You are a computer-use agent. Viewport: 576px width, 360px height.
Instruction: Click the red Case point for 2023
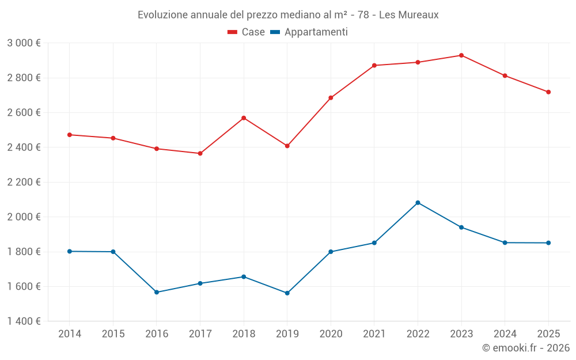click(461, 55)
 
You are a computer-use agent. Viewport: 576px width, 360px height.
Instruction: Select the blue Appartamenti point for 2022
click(418, 203)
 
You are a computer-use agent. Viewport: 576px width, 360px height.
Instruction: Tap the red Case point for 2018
click(244, 118)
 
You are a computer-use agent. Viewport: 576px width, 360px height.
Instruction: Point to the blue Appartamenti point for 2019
click(287, 293)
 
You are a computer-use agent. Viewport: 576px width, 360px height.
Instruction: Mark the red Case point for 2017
click(200, 154)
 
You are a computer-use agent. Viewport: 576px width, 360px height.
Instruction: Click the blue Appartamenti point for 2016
click(157, 293)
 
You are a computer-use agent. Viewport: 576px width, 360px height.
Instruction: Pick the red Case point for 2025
click(548, 92)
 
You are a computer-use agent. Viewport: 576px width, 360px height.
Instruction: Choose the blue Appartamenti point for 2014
click(70, 251)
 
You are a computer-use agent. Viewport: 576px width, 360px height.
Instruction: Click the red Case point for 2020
click(331, 98)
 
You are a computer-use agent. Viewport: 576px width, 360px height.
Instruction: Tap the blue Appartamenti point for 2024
click(505, 243)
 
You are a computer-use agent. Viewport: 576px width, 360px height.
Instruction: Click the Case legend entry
click(246, 32)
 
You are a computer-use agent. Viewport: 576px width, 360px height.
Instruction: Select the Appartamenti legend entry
click(309, 32)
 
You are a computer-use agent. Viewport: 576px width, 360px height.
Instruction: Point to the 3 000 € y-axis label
click(24, 43)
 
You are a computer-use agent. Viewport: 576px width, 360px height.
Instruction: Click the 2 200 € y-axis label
click(24, 182)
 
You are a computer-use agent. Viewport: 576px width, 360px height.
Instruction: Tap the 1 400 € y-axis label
click(24, 321)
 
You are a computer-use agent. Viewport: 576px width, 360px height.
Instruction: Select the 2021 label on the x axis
click(374, 334)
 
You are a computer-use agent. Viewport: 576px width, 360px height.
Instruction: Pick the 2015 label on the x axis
click(113, 334)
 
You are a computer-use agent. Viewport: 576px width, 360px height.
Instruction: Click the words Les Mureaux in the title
click(409, 15)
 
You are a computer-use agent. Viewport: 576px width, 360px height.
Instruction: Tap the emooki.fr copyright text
click(526, 347)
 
